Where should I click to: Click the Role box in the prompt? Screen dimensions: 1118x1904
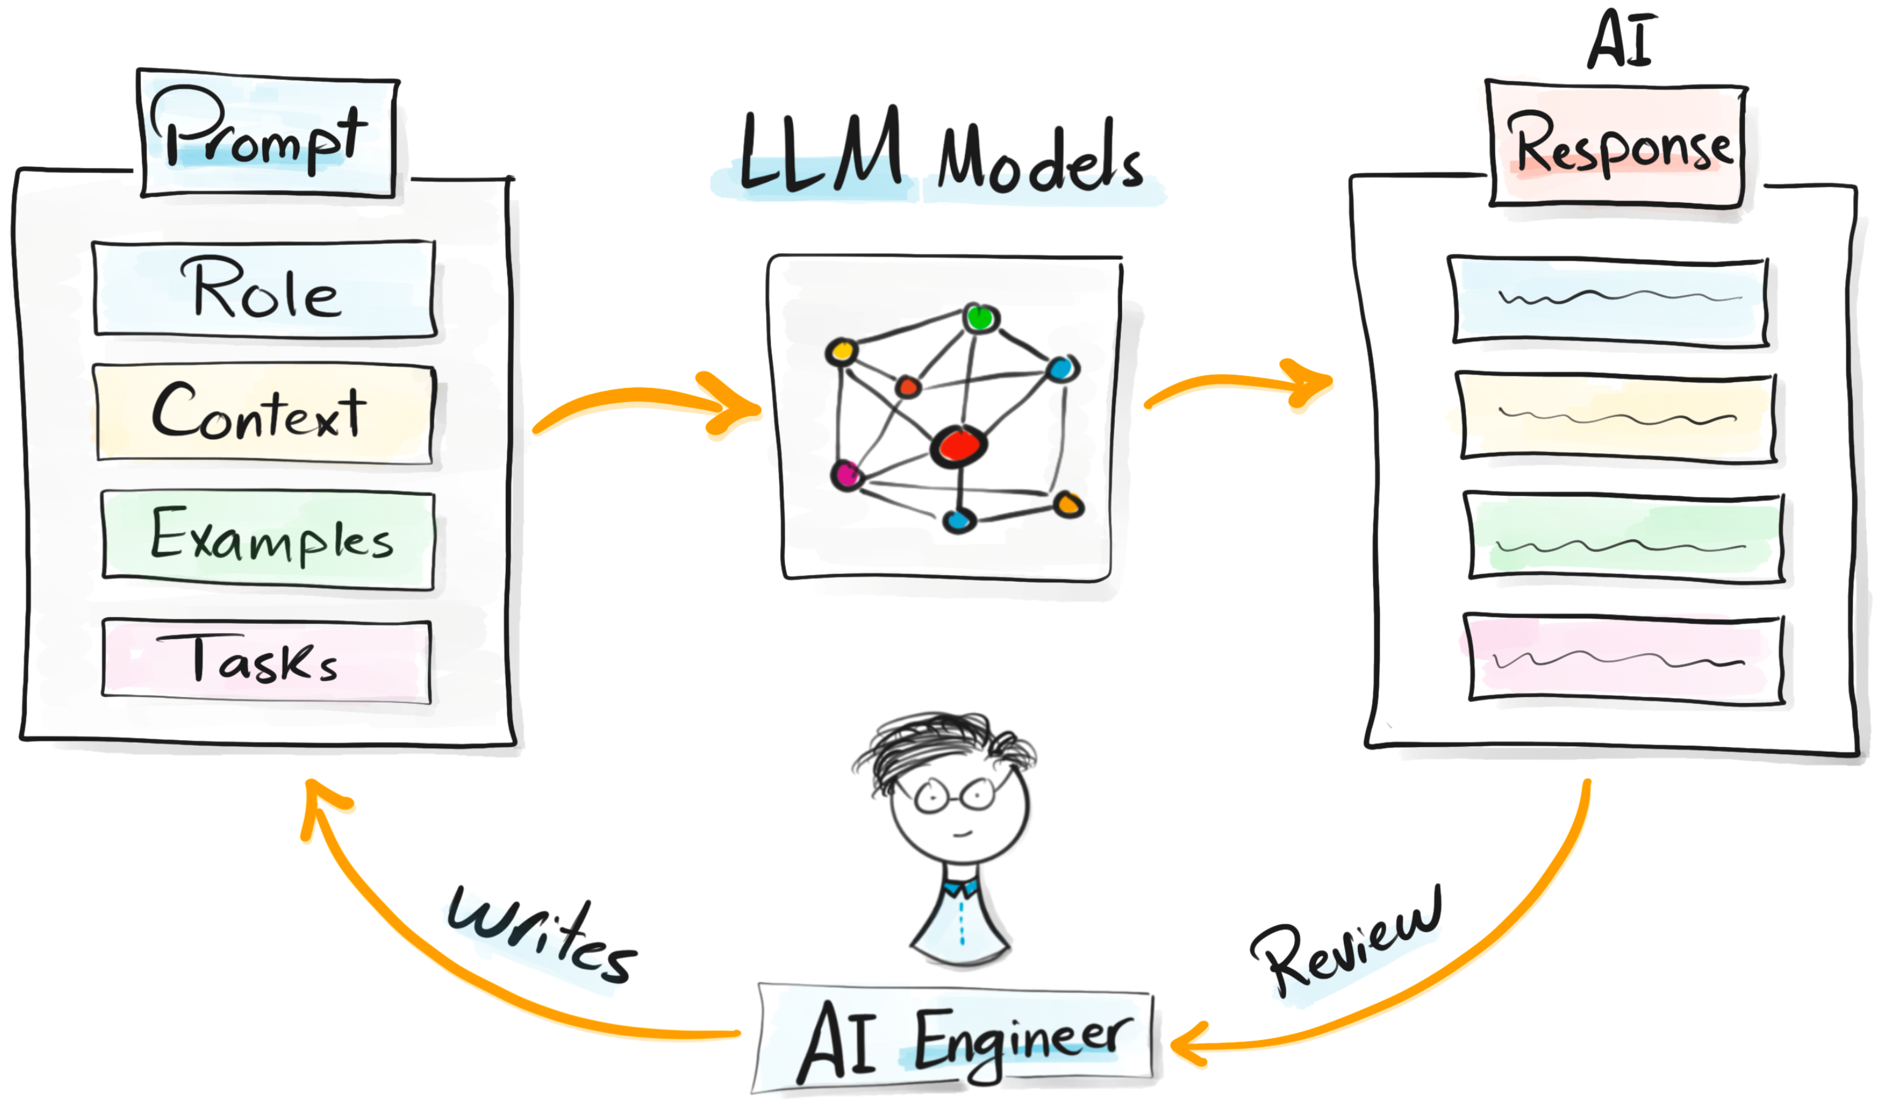click(265, 289)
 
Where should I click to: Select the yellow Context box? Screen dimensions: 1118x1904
click(265, 413)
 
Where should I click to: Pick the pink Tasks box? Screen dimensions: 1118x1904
click(266, 661)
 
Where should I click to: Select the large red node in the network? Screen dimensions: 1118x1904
click(958, 446)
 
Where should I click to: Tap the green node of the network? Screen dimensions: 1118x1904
click(981, 319)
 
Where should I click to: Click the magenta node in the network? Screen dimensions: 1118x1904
click(846, 475)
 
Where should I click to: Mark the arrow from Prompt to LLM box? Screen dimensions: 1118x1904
click(646, 406)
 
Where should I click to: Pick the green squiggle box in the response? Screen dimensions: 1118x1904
click(1624, 538)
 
